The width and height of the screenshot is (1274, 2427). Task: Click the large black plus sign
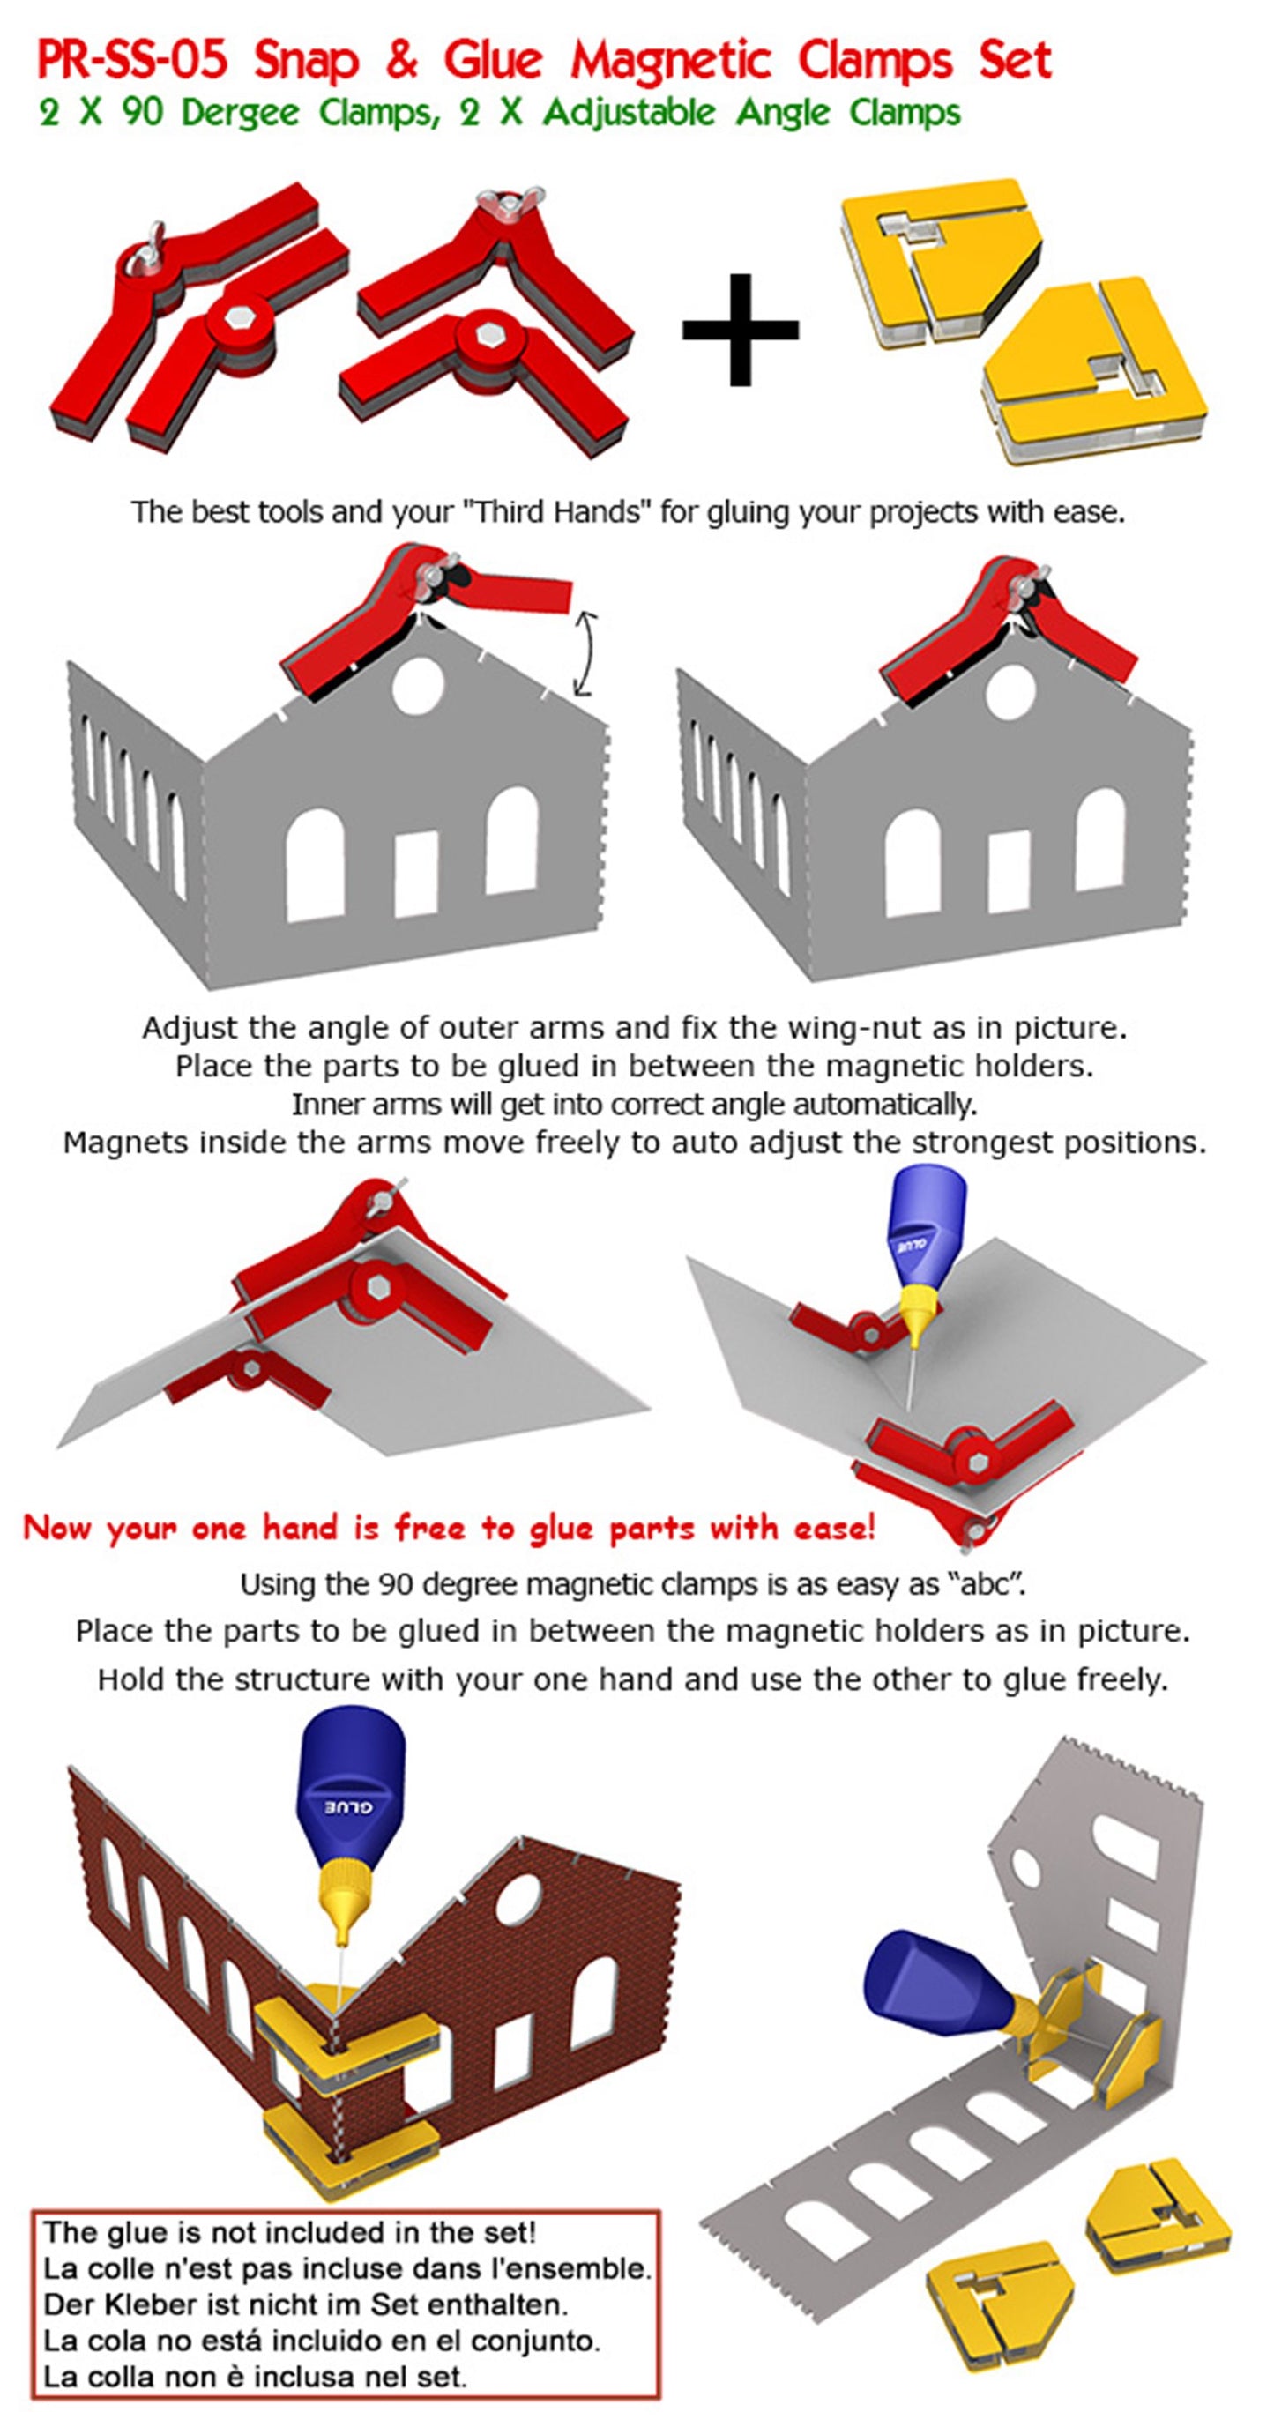[740, 329]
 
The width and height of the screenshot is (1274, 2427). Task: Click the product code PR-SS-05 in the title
[133, 61]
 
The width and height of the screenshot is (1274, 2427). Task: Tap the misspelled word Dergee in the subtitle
[241, 113]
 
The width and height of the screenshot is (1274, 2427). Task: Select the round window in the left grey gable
[417, 685]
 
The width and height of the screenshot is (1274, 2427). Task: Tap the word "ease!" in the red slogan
[835, 1527]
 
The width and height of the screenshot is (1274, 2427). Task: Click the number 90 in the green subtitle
[142, 113]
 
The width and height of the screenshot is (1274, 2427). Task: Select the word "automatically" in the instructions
[882, 1103]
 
